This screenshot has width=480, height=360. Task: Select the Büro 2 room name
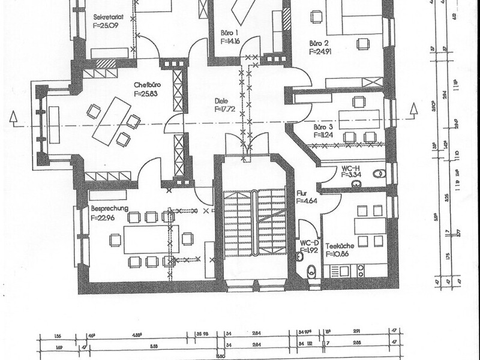point(319,44)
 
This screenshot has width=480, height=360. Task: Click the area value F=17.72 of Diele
point(226,110)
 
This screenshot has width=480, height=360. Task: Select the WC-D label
point(308,243)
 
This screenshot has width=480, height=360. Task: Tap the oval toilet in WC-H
point(377,173)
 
